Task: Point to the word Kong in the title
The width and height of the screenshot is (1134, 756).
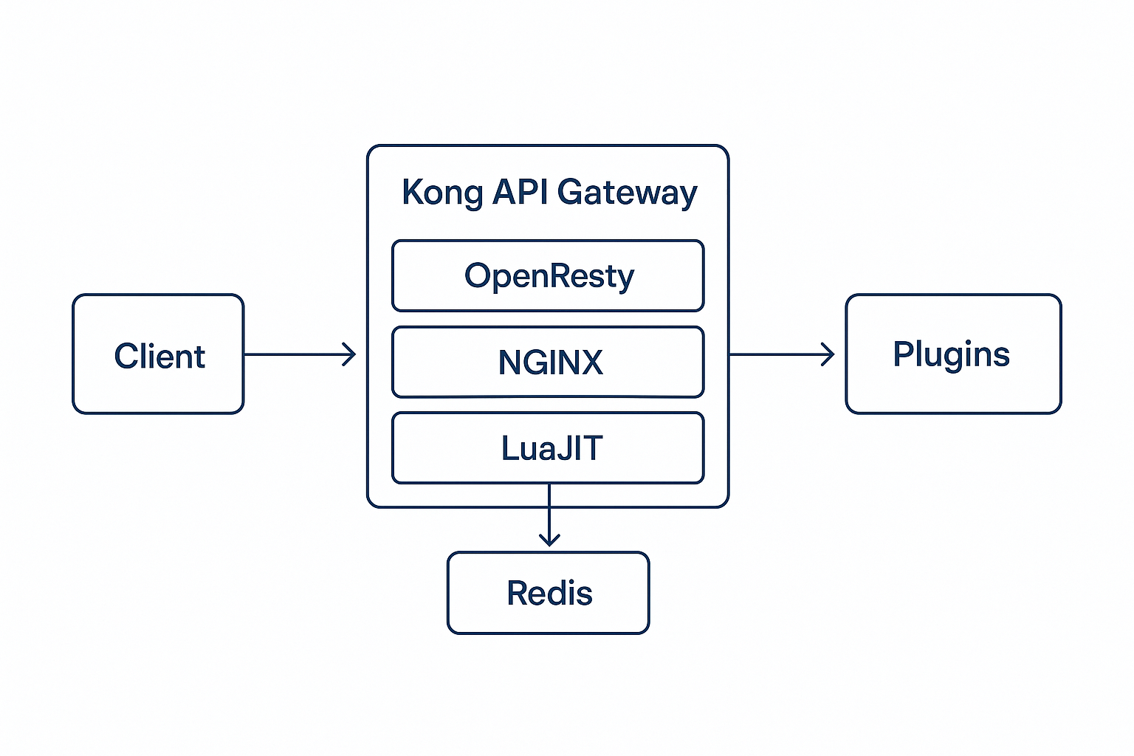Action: click(441, 193)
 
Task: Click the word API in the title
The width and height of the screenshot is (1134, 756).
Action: click(520, 192)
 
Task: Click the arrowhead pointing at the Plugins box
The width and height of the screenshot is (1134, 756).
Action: click(828, 354)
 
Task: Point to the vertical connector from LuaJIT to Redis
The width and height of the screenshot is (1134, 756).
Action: click(549, 509)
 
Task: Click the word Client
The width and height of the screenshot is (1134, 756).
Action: click(159, 357)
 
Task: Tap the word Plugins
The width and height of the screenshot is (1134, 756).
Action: click(951, 354)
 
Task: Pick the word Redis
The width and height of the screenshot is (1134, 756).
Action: click(549, 593)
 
